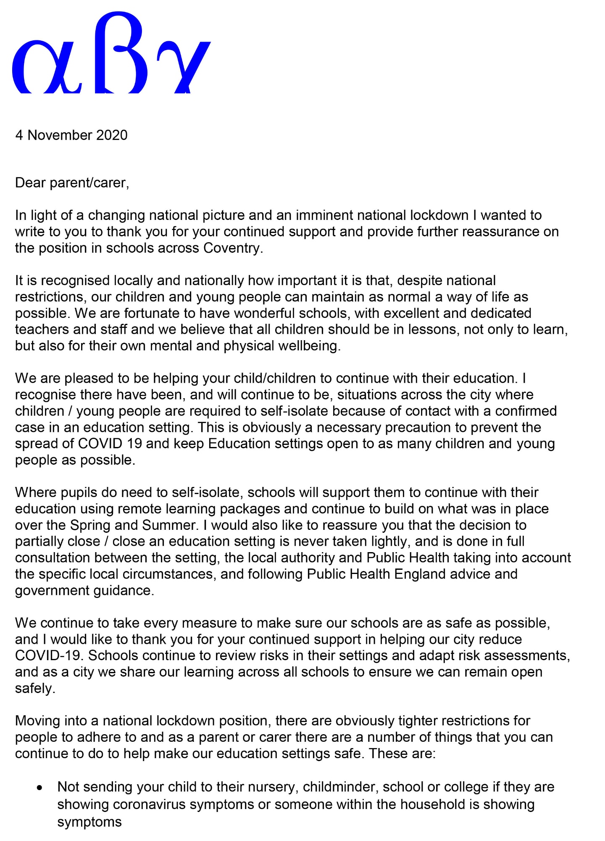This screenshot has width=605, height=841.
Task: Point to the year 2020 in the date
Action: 112,135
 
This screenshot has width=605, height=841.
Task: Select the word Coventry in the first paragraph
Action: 233,248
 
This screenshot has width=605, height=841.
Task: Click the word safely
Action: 35,689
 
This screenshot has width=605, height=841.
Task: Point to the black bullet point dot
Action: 40,787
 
